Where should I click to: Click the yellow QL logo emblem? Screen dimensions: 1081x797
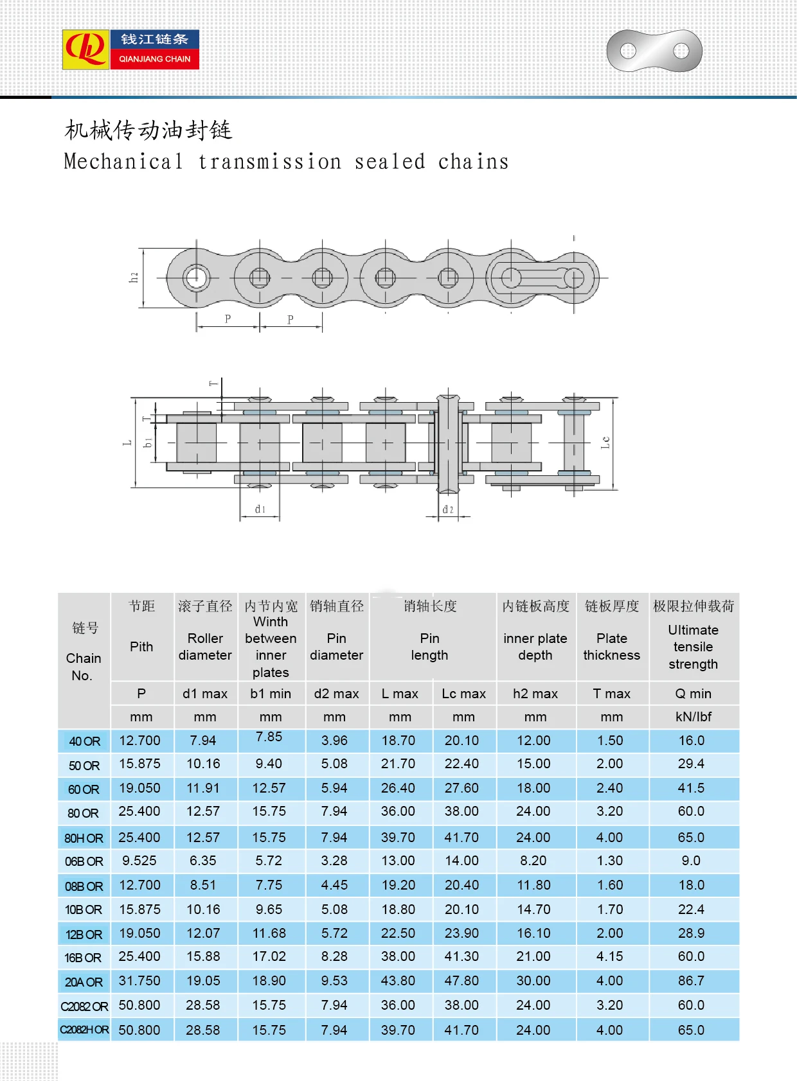click(85, 49)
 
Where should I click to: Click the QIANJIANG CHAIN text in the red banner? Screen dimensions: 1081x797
click(154, 58)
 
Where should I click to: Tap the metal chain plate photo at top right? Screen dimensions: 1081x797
click(654, 51)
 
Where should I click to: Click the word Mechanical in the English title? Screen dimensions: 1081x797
click(123, 161)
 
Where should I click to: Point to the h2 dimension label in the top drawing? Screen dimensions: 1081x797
click(134, 277)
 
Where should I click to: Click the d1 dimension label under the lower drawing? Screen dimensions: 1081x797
click(260, 509)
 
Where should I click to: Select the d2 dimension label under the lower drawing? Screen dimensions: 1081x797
click(448, 509)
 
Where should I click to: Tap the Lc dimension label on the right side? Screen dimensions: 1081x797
click(605, 443)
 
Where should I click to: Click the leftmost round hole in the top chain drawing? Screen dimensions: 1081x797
click(196, 278)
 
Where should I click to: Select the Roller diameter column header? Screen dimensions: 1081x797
click(205, 646)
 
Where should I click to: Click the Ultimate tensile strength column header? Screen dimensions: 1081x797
click(693, 646)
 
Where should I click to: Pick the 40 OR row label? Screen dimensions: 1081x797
click(84, 741)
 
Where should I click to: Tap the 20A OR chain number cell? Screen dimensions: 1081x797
click(84, 982)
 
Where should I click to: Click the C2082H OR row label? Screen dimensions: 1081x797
click(84, 1030)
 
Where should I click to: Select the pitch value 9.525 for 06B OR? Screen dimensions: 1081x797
click(139, 861)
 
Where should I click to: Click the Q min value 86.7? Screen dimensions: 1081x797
click(691, 981)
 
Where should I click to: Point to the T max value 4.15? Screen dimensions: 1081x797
click(609, 956)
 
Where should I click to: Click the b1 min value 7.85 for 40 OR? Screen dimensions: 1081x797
click(269, 737)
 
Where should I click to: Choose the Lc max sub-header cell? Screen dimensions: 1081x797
click(463, 694)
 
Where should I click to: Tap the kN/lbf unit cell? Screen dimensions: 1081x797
click(693, 717)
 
